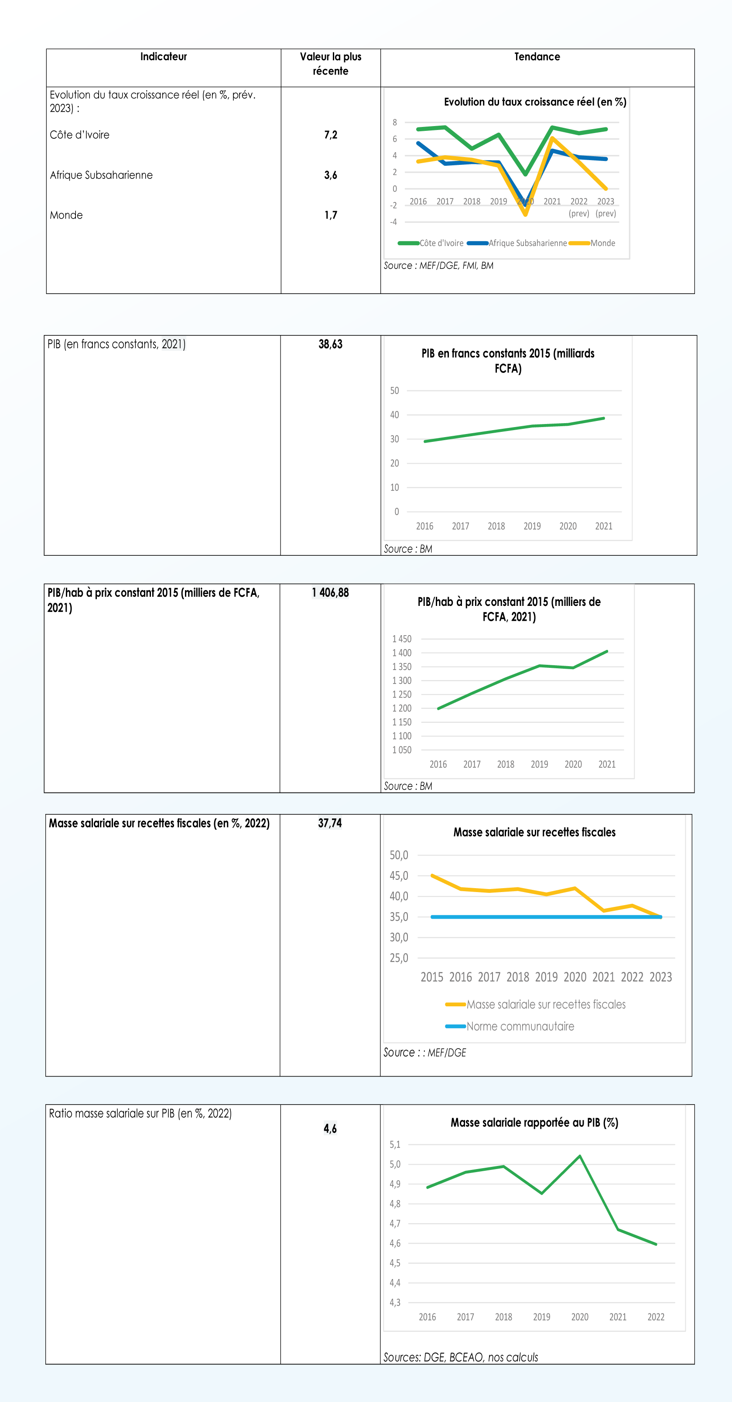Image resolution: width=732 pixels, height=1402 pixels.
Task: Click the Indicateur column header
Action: (x=163, y=57)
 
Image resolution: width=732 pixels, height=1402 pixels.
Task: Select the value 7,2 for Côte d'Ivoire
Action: (x=330, y=135)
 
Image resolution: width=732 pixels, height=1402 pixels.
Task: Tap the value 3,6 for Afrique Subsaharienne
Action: (x=330, y=175)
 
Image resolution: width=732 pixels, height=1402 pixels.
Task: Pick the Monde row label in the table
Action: (x=66, y=215)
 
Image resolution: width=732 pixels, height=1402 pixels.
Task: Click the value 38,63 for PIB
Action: (x=330, y=345)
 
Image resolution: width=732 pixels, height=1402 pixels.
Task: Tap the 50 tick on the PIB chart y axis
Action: (x=394, y=391)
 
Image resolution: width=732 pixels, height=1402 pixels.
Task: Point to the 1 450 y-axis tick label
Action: (x=402, y=639)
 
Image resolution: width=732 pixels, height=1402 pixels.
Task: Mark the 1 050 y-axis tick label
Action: (x=402, y=750)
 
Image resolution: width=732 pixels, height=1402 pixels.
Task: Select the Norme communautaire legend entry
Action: (x=520, y=1026)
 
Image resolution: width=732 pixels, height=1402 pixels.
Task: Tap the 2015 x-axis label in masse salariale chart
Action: (x=431, y=978)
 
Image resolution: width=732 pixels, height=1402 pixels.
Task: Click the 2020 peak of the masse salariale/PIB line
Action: (x=580, y=1156)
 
